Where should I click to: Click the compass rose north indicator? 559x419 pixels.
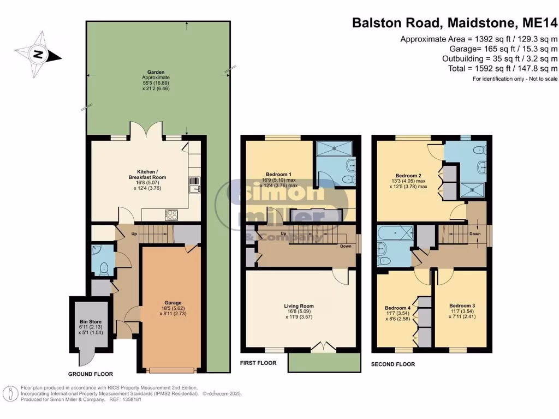click(38, 53)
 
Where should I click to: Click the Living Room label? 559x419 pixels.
click(299, 306)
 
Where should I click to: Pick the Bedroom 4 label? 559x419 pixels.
click(398, 308)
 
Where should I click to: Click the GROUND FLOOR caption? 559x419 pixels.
click(90, 374)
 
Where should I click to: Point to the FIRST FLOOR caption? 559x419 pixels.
click(258, 363)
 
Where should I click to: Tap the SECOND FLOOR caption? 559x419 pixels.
click(393, 364)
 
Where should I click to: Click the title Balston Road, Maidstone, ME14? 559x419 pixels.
click(454, 23)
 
